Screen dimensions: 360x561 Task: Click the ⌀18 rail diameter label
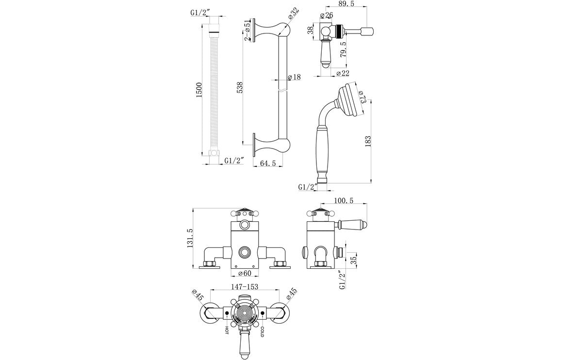click(295, 78)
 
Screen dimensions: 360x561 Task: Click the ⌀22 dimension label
click(343, 73)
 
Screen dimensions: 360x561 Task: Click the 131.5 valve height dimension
click(190, 238)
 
